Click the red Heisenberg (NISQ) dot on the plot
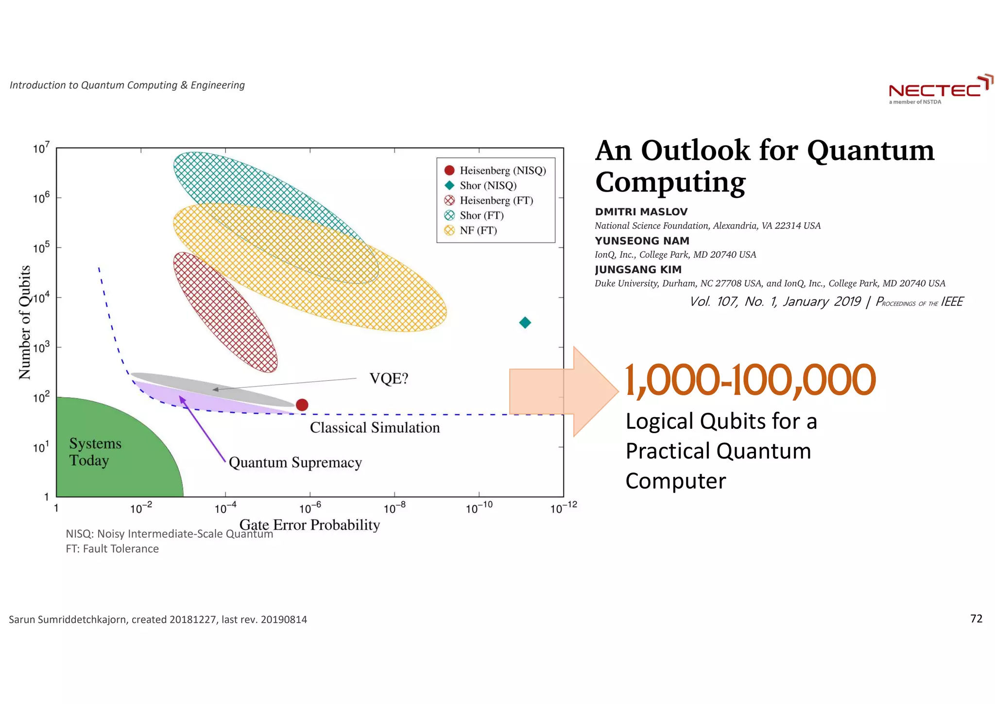[302, 405]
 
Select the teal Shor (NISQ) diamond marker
[525, 322]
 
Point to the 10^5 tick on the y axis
[41, 248]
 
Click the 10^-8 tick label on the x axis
[394, 509]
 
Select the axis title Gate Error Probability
[309, 525]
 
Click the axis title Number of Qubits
[25, 322]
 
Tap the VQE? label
[389, 378]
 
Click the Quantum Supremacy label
[295, 462]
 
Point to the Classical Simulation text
[375, 427]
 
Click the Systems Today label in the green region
[95, 452]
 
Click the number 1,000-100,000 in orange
[750, 380]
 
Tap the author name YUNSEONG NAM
[642, 241]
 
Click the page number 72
[976, 618]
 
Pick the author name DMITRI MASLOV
[641, 212]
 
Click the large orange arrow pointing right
[564, 391]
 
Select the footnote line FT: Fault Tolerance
[112, 548]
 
